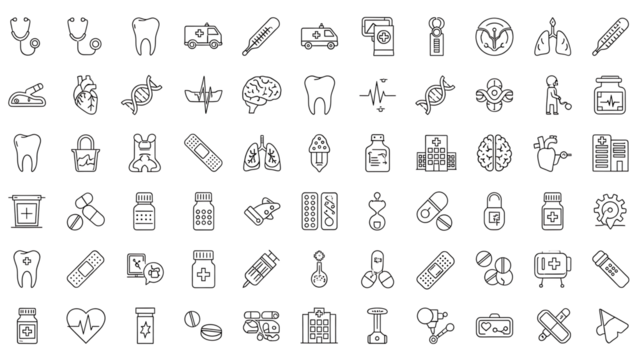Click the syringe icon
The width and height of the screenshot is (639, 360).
click(262, 265)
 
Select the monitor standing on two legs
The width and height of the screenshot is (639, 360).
click(552, 265)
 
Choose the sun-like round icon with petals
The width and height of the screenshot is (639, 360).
click(610, 208)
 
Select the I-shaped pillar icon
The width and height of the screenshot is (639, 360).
click(378, 323)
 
